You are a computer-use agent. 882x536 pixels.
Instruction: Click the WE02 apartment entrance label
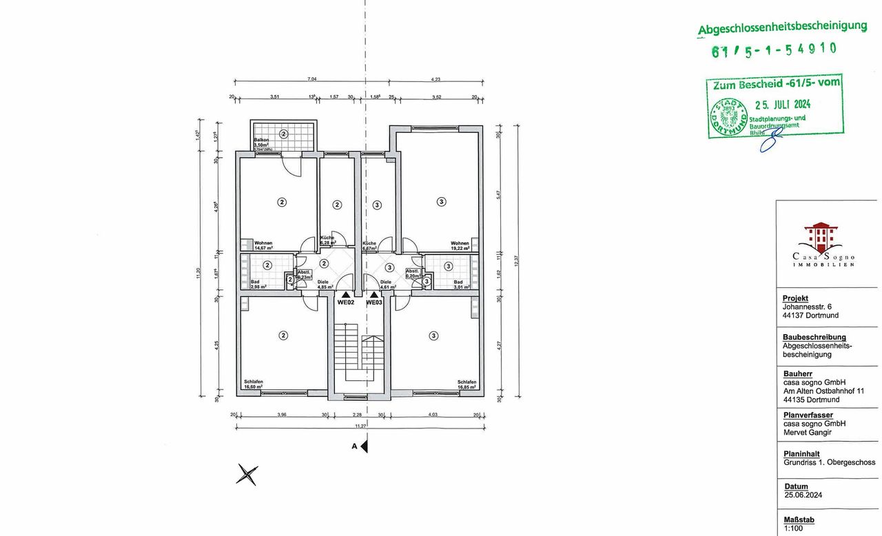click(x=345, y=302)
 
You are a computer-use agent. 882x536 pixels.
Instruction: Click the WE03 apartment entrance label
click(x=373, y=302)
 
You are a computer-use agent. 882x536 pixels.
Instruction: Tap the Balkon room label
click(x=260, y=140)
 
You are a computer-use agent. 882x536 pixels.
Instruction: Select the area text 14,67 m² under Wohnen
click(x=263, y=248)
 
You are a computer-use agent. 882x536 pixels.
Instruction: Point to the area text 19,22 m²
click(x=460, y=248)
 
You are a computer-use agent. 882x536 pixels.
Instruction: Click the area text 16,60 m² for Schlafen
click(x=254, y=387)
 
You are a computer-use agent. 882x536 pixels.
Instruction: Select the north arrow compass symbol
click(x=247, y=474)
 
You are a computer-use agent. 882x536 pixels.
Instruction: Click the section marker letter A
click(x=354, y=446)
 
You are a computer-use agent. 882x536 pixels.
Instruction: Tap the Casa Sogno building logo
click(x=822, y=237)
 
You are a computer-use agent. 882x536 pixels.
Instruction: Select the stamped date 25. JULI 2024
click(x=783, y=105)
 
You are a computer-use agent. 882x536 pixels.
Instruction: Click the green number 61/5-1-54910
click(x=774, y=50)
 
